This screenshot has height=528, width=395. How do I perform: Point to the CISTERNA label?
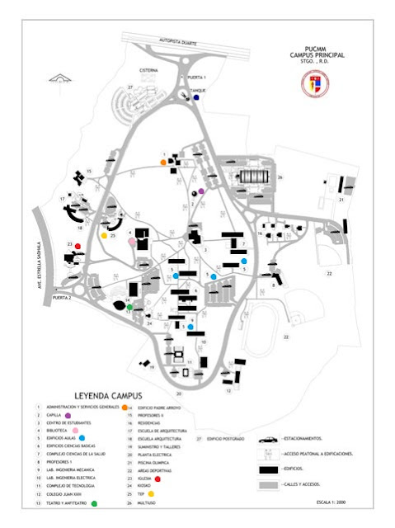[148, 71]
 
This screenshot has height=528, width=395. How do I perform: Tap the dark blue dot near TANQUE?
[196, 97]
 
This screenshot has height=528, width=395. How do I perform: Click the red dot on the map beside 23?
[78, 246]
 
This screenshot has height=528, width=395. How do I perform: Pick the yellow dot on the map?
[104, 236]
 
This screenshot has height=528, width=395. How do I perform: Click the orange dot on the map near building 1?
[163, 163]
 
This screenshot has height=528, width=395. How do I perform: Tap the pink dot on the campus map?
[132, 243]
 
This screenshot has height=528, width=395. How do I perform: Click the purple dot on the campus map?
[200, 191]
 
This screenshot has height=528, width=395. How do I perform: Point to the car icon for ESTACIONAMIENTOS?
[267, 440]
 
